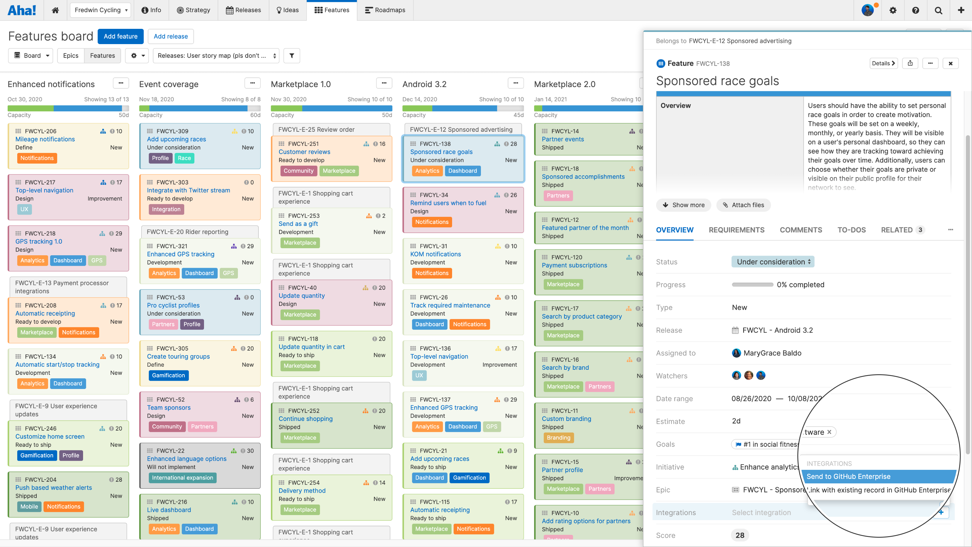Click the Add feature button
pyautogui.click(x=120, y=36)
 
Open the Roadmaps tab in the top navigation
pyautogui.click(x=385, y=10)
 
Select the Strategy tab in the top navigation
pyautogui.click(x=193, y=10)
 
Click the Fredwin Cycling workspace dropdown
pyautogui.click(x=100, y=10)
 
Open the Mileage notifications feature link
pyautogui.click(x=45, y=139)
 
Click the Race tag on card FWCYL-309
pyautogui.click(x=184, y=158)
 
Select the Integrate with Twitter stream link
pyautogui.click(x=188, y=190)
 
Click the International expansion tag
pyautogui.click(x=182, y=477)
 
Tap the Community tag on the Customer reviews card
pyautogui.click(x=298, y=171)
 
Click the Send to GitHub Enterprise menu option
pyautogui.click(x=848, y=476)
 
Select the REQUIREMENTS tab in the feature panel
pyautogui.click(x=736, y=230)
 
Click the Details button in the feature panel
pyautogui.click(x=883, y=63)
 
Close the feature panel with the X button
pyautogui.click(x=950, y=63)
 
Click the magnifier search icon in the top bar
pyautogui.click(x=938, y=10)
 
